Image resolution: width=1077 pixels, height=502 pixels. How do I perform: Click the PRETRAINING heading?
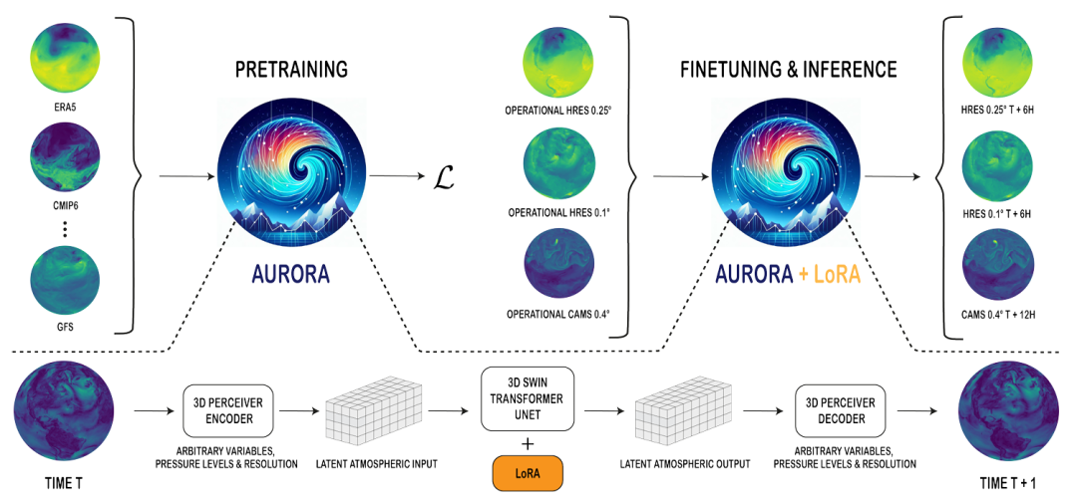coord(291,71)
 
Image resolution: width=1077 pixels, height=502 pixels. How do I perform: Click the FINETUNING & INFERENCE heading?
coord(788,71)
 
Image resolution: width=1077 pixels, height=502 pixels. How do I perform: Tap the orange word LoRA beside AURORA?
coord(830,274)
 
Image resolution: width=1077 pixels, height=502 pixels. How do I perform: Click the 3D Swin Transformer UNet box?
coord(529,398)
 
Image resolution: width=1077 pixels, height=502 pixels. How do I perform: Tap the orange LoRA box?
coord(528,472)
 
